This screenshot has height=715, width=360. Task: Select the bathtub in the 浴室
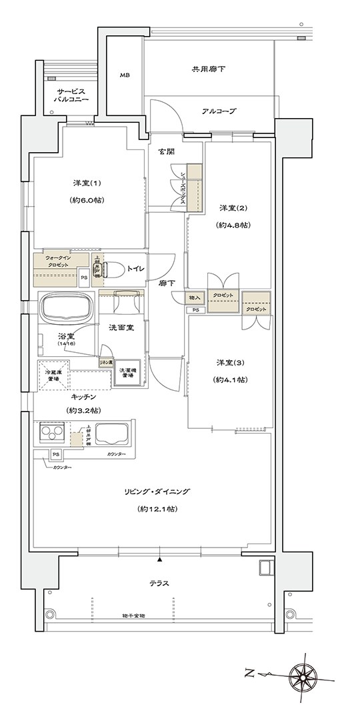(x=67, y=308)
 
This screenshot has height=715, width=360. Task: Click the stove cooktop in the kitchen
(x=52, y=435)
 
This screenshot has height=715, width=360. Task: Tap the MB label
(x=125, y=75)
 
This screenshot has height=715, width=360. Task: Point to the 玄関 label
(x=167, y=152)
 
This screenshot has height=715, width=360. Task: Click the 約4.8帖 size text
(x=233, y=225)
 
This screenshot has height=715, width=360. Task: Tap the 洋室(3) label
(x=231, y=362)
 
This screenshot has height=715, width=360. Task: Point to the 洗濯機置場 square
(x=127, y=374)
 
